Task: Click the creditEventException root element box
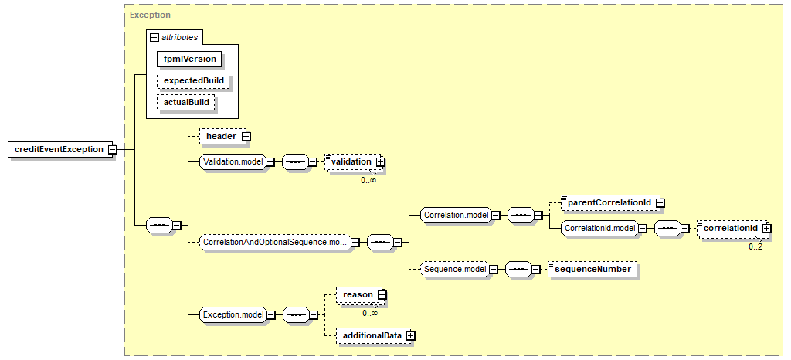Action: pos(58,149)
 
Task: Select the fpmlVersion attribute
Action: pos(189,59)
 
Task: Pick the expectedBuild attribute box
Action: pos(192,80)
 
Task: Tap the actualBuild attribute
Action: pos(185,102)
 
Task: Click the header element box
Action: pos(220,136)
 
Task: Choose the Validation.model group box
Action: pos(232,161)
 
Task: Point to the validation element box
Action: pos(351,161)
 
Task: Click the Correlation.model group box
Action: pos(456,215)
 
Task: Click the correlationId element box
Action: pos(729,229)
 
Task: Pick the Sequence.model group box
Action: pos(454,269)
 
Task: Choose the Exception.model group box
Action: pos(232,314)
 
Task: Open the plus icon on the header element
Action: pos(246,136)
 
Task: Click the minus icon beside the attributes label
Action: pos(154,36)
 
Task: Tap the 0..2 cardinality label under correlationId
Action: pos(755,246)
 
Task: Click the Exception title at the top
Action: pos(150,15)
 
